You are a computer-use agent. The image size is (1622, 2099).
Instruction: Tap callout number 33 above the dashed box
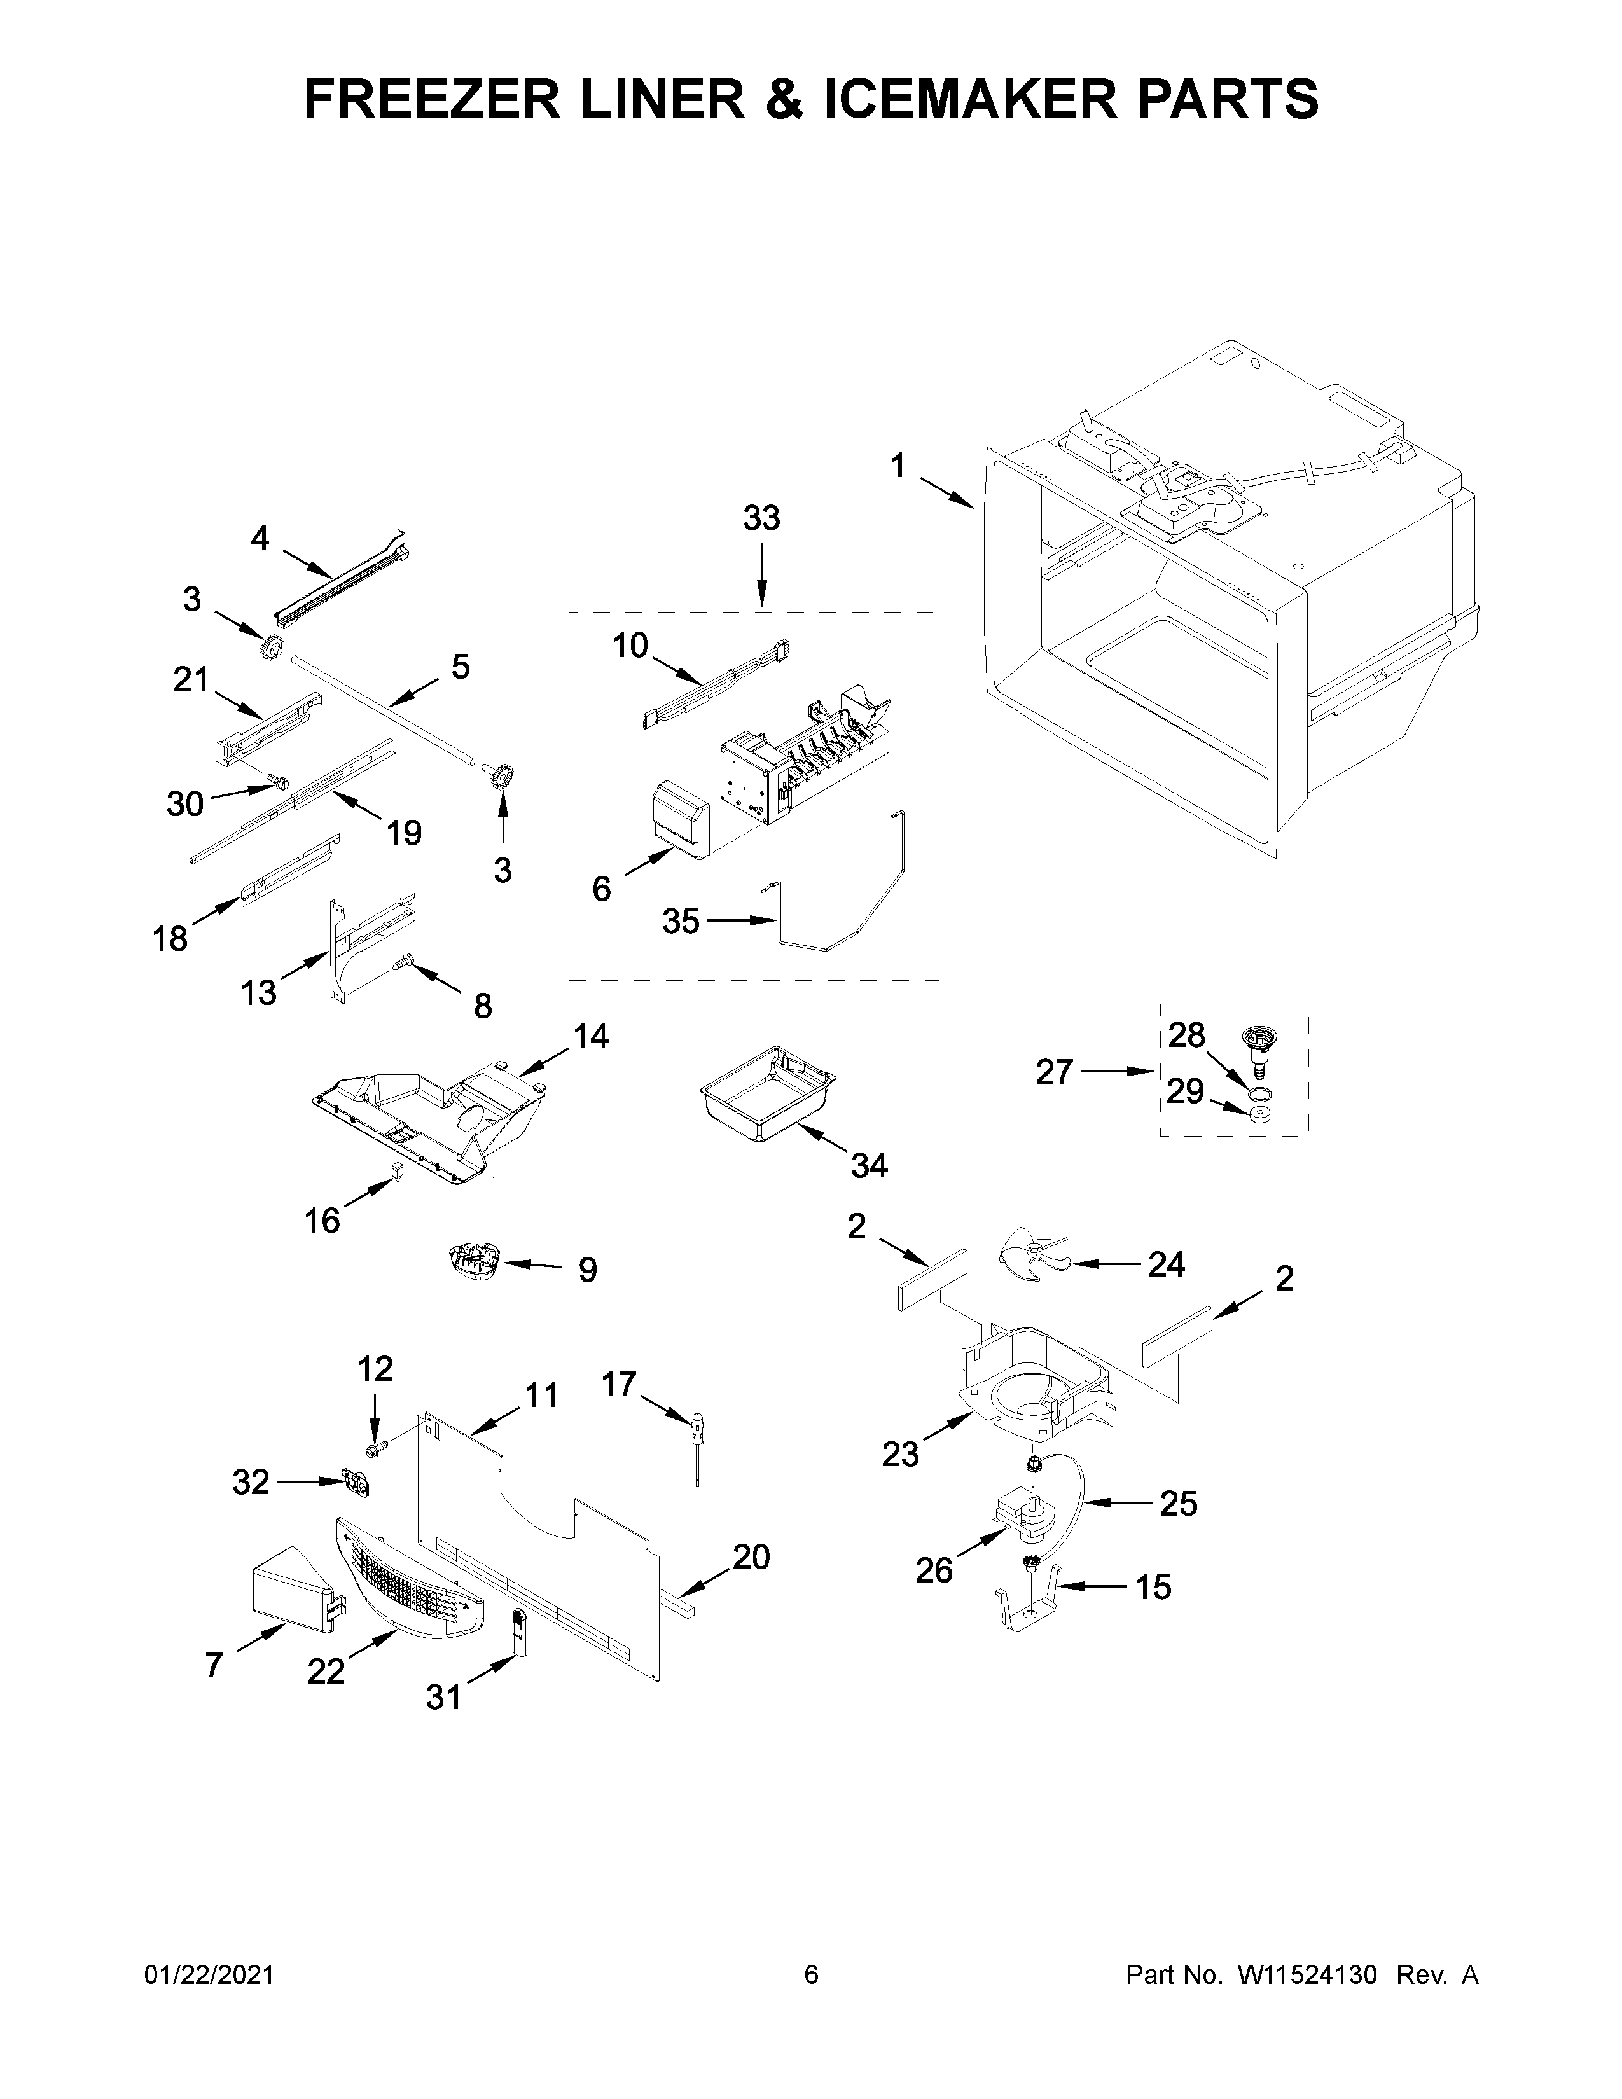click(762, 519)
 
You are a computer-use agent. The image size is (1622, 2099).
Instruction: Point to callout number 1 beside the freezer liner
click(898, 467)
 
